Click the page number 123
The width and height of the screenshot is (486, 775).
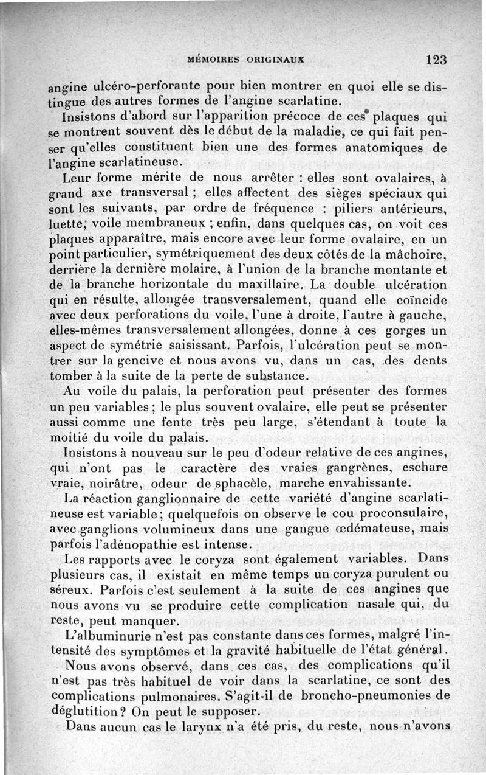436,60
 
